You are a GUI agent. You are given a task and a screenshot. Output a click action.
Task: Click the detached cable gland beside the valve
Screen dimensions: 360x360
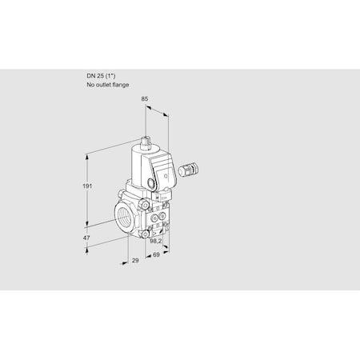pyautogui.click(x=190, y=169)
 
